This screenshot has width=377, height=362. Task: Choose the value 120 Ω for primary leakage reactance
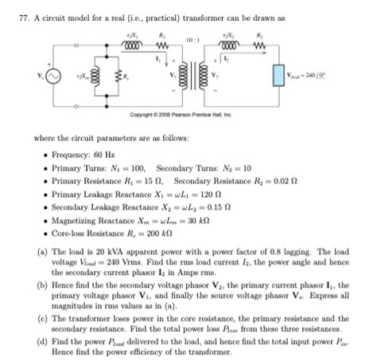pos(179,195)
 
